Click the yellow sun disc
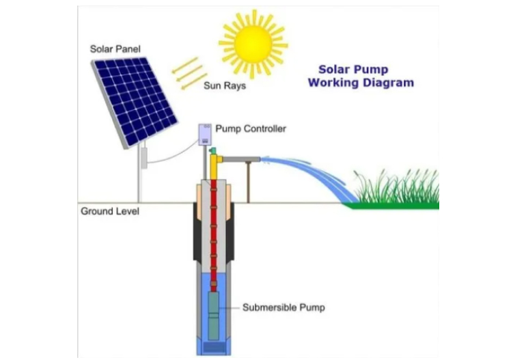click(252, 44)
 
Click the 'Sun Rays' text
click(225, 87)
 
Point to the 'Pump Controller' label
click(251, 128)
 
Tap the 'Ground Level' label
click(110, 211)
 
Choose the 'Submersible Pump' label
click(283, 307)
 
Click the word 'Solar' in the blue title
click(335, 70)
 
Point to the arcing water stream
click(307, 171)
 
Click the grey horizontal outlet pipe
click(239, 160)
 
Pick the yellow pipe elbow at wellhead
click(215, 161)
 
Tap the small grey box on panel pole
click(144, 159)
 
